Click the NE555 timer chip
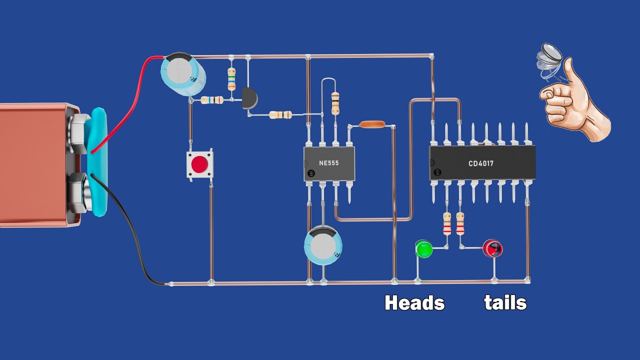pos(329,163)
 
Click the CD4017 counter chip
pos(482,163)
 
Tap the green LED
pos(424,248)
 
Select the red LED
pos(492,248)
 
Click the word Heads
pos(414,303)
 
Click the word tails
pos(505,303)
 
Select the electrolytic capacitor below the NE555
pos(323,244)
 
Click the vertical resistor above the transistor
pos(231,79)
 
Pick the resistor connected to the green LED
pos(447,223)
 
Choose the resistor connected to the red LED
pos(460,223)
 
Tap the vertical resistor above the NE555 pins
pos(335,103)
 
